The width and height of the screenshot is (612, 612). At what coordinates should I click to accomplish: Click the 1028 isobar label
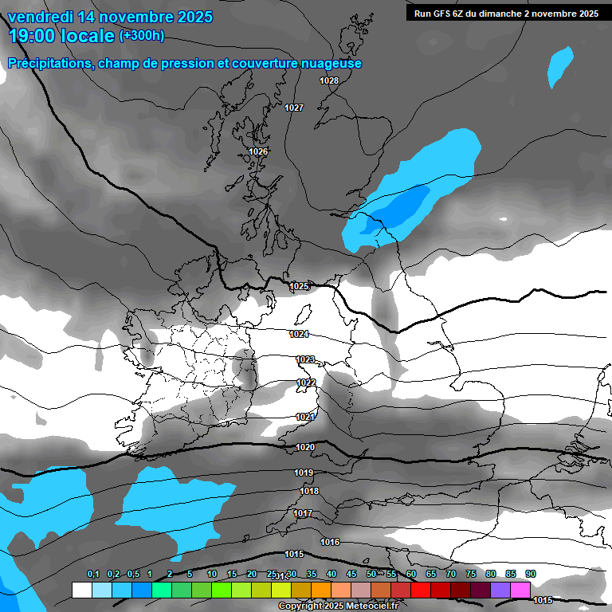[329, 80]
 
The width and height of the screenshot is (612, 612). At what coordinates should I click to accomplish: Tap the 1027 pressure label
[294, 108]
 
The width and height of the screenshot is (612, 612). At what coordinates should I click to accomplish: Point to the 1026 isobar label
[258, 151]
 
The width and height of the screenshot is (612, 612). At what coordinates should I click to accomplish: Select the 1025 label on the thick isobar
[299, 286]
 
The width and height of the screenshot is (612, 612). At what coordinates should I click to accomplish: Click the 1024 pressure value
[299, 334]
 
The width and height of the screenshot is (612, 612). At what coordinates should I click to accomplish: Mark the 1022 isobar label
[306, 382]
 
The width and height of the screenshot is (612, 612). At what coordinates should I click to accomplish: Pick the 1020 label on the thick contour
[305, 448]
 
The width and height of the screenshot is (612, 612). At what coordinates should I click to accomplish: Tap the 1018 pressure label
[309, 491]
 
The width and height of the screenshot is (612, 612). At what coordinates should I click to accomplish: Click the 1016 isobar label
[330, 542]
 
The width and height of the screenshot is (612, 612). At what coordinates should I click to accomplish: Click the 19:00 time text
[31, 36]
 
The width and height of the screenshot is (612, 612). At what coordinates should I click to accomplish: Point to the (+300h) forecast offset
[141, 36]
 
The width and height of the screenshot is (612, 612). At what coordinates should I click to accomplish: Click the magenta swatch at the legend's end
[520, 590]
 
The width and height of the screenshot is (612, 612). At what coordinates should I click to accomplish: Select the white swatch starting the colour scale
[81, 590]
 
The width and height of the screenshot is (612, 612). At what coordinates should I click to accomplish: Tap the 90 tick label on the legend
[530, 574]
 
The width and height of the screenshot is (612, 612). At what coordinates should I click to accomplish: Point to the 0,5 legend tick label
[132, 574]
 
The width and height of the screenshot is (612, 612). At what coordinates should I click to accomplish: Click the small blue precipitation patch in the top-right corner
[561, 66]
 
